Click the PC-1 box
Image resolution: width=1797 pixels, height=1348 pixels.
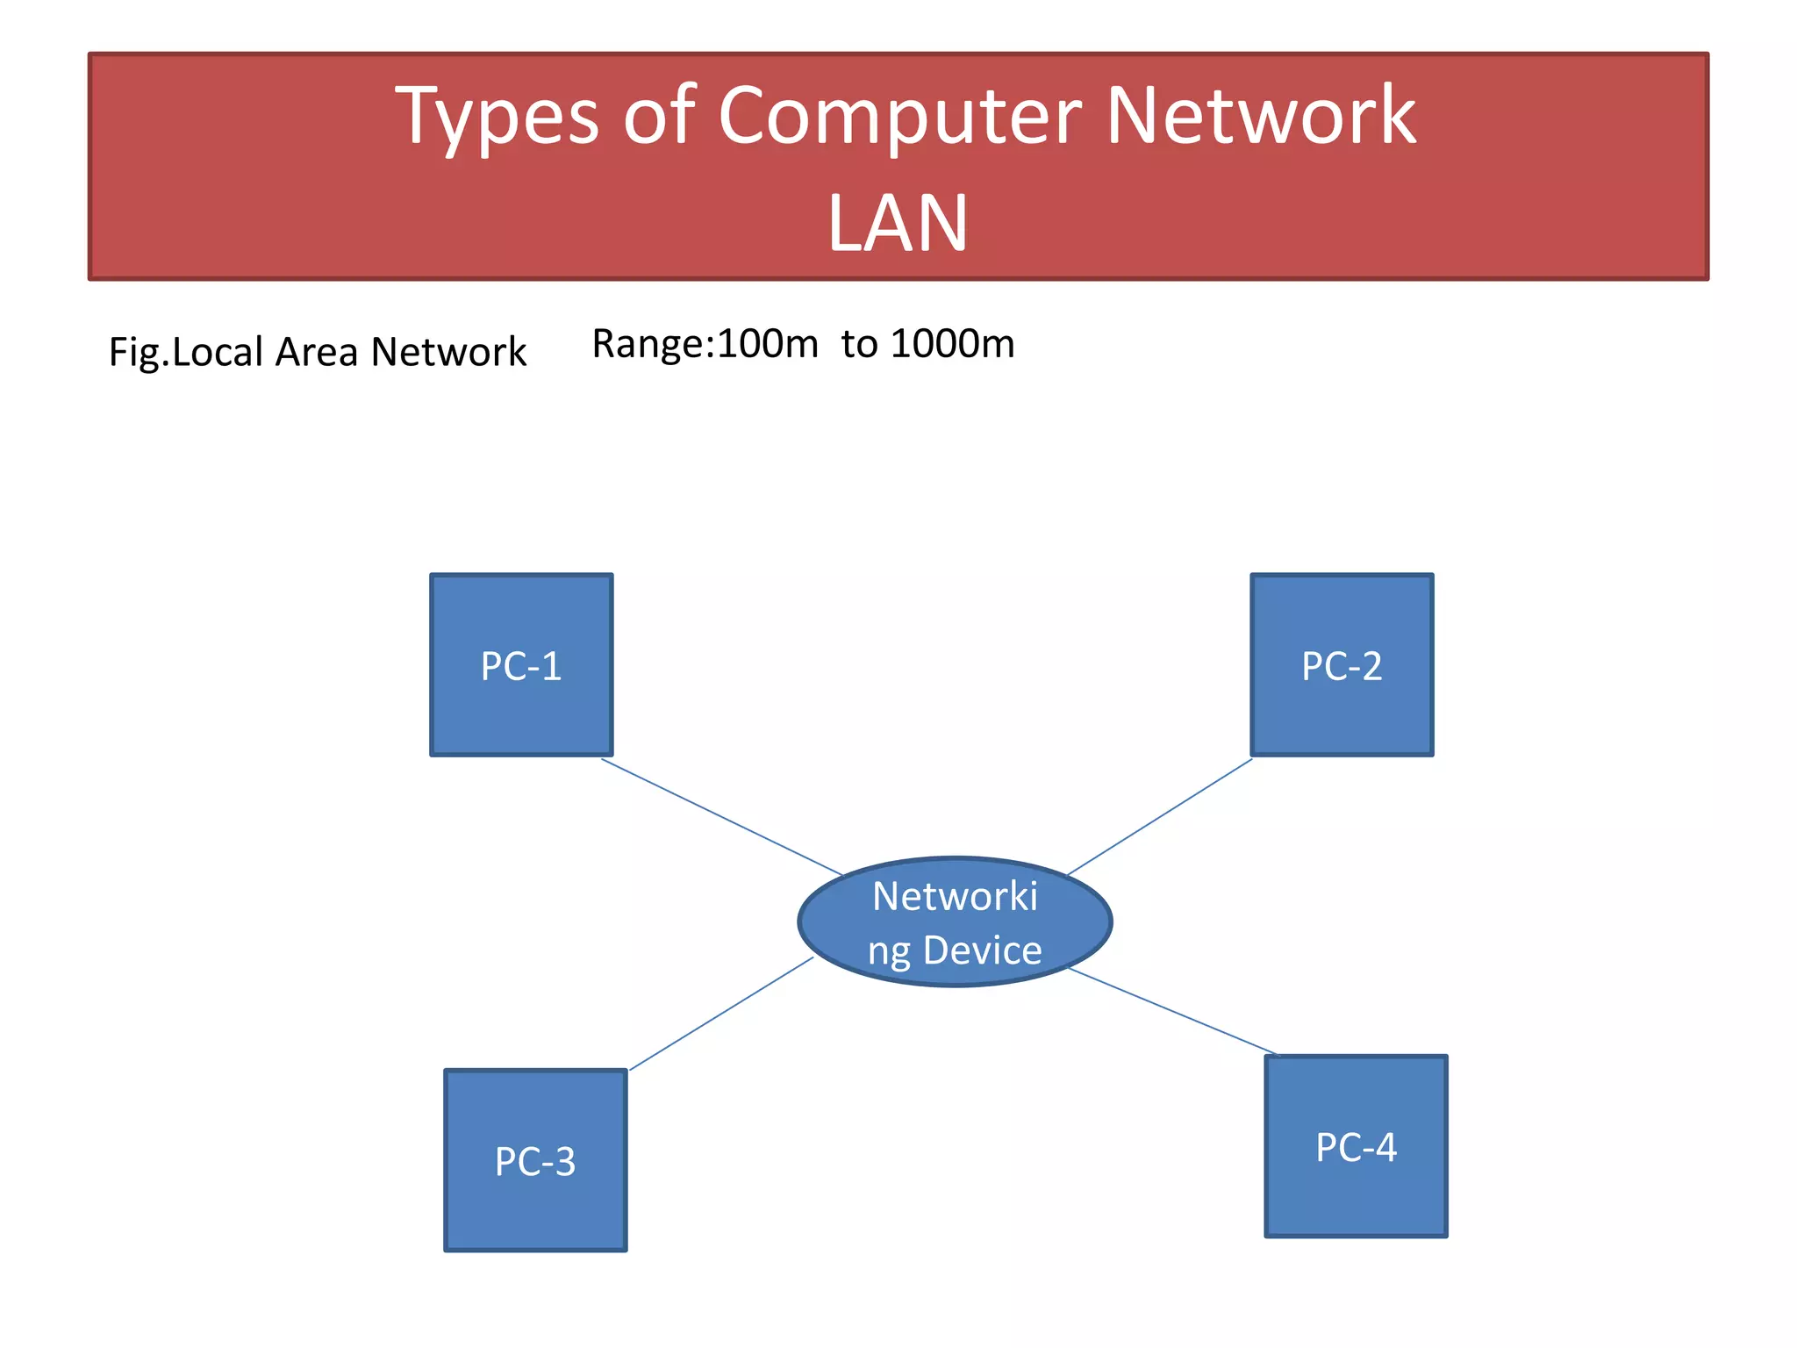pos(521,665)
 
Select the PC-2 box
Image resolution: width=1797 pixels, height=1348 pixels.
pos(1342,665)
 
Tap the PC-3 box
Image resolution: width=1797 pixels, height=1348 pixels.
pos(535,1160)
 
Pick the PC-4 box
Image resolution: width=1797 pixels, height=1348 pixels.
pos(1356,1146)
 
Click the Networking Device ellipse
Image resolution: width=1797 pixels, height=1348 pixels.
pos(955,921)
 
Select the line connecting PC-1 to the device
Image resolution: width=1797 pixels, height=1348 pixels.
pos(721,817)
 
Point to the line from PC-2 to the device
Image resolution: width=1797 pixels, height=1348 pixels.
pos(1159,817)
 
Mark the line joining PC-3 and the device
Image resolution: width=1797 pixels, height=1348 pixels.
pos(721,1014)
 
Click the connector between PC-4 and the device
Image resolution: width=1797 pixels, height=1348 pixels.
pos(1172,1011)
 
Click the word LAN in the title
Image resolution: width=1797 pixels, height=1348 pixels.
pos(898,224)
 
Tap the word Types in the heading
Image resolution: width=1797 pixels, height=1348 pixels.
pos(498,116)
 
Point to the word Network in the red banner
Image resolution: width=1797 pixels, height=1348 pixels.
pos(1260,116)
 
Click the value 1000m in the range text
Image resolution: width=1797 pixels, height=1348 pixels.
pos(952,343)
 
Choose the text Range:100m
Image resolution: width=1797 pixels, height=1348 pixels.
pos(705,343)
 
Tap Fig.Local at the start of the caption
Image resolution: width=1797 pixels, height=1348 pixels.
pos(185,352)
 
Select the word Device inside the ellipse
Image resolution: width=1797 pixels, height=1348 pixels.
pos(982,950)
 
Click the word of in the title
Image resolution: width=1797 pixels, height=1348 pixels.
pos(659,116)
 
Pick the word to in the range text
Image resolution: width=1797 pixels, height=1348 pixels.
pos(859,343)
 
